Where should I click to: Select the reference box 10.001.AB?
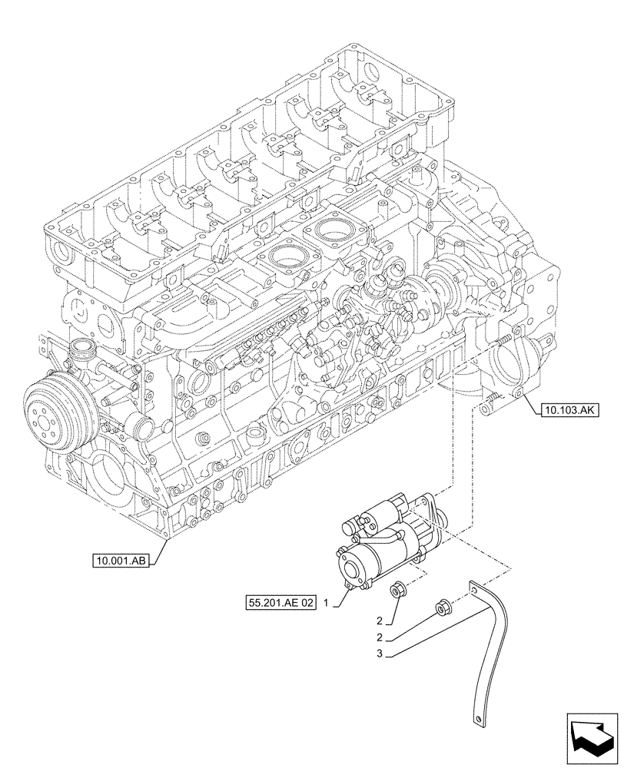(122, 561)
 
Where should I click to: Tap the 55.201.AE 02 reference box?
(281, 604)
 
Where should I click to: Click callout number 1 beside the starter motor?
(327, 604)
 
